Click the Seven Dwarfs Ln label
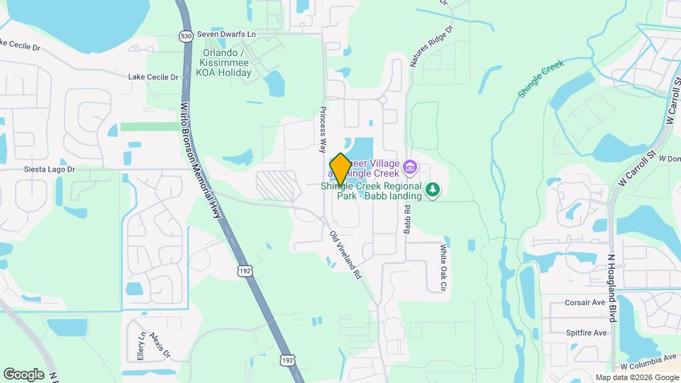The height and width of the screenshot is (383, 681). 226,34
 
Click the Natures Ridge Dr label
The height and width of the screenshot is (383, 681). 431,48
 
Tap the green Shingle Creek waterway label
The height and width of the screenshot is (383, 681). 541,78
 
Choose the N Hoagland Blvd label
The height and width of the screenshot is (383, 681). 611,291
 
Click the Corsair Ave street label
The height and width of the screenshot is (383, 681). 585,302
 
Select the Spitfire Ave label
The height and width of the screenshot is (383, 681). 586,333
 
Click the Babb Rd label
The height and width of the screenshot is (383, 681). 407,220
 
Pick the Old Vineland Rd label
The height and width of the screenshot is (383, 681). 345,253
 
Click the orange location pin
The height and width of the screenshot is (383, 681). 340,168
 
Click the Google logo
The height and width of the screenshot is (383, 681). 23,374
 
